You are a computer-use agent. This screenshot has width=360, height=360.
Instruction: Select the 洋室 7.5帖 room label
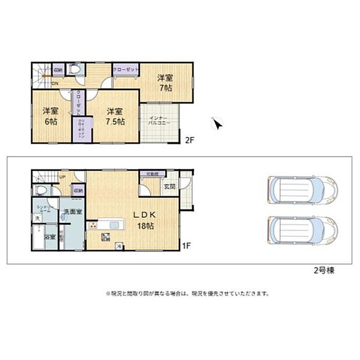[x=114, y=116]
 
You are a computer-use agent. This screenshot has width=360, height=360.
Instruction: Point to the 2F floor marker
[x=189, y=140]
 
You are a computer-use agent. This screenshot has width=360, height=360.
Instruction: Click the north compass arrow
[x=218, y=124]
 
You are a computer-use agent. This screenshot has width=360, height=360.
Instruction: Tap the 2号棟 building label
[x=320, y=270]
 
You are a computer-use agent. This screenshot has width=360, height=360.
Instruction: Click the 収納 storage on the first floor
[x=77, y=190]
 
